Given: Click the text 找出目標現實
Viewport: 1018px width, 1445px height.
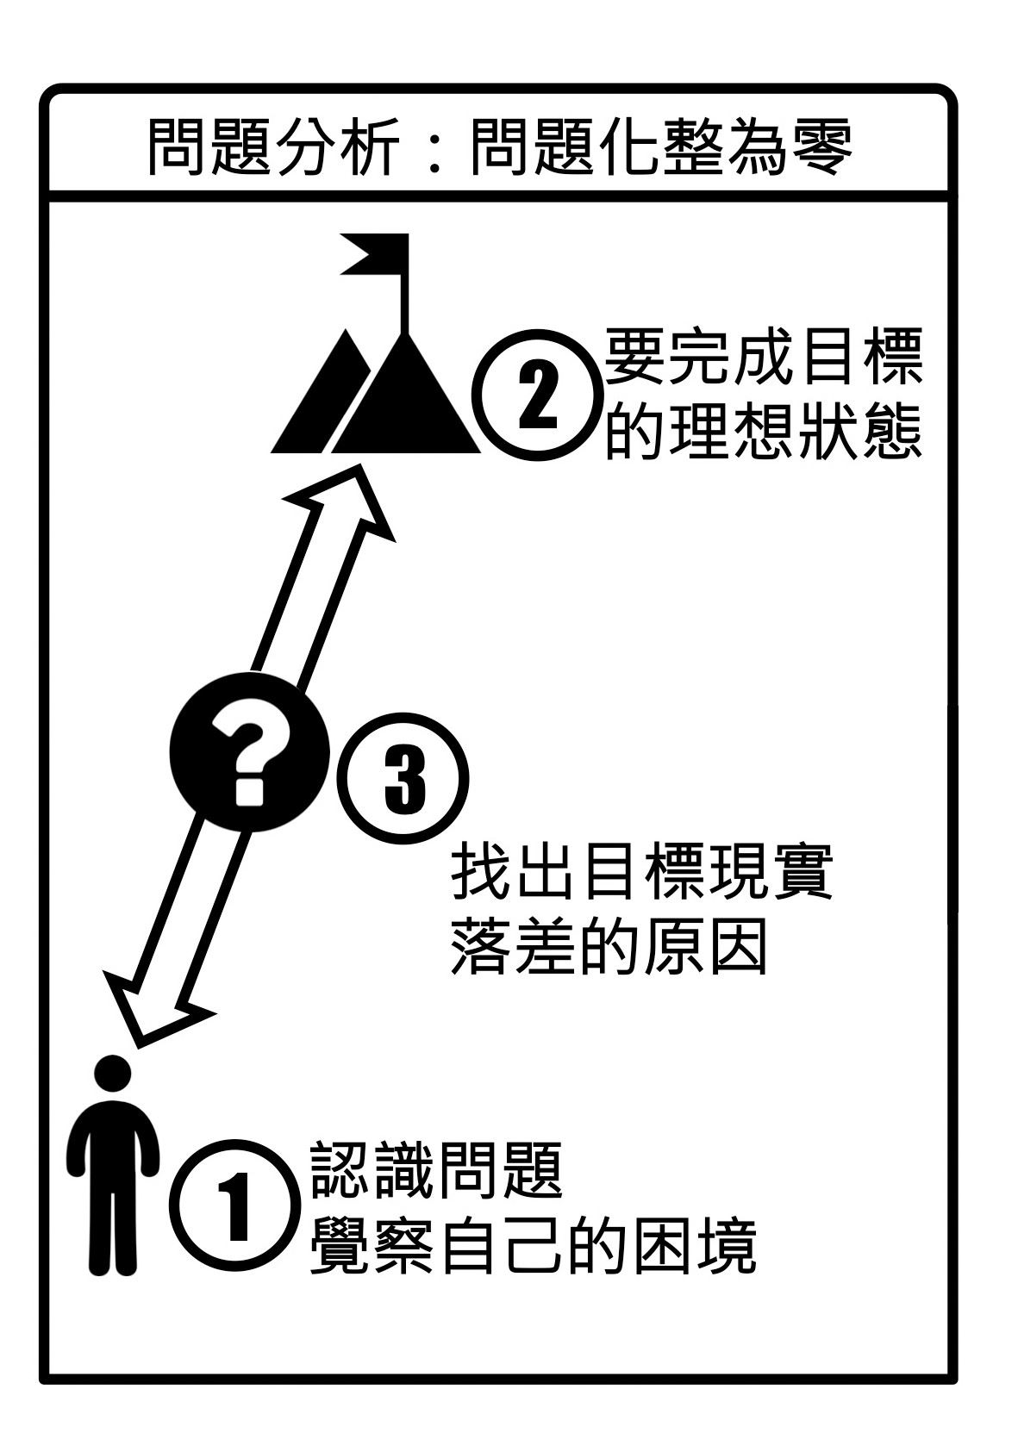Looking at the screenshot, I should [x=641, y=873].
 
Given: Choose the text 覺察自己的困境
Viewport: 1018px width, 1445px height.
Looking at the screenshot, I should [x=532, y=1246].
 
